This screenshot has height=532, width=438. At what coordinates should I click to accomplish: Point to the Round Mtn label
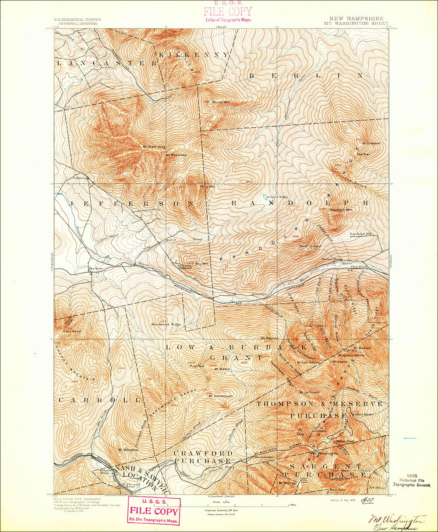(221, 102)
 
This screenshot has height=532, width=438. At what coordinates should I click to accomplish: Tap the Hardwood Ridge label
(166, 324)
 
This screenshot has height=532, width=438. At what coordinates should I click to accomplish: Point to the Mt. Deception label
(128, 449)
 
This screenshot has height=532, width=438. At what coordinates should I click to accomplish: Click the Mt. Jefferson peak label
(308, 392)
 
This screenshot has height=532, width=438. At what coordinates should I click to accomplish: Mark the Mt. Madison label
(363, 348)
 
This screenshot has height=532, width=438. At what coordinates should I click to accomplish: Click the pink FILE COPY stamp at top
(228, 11)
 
